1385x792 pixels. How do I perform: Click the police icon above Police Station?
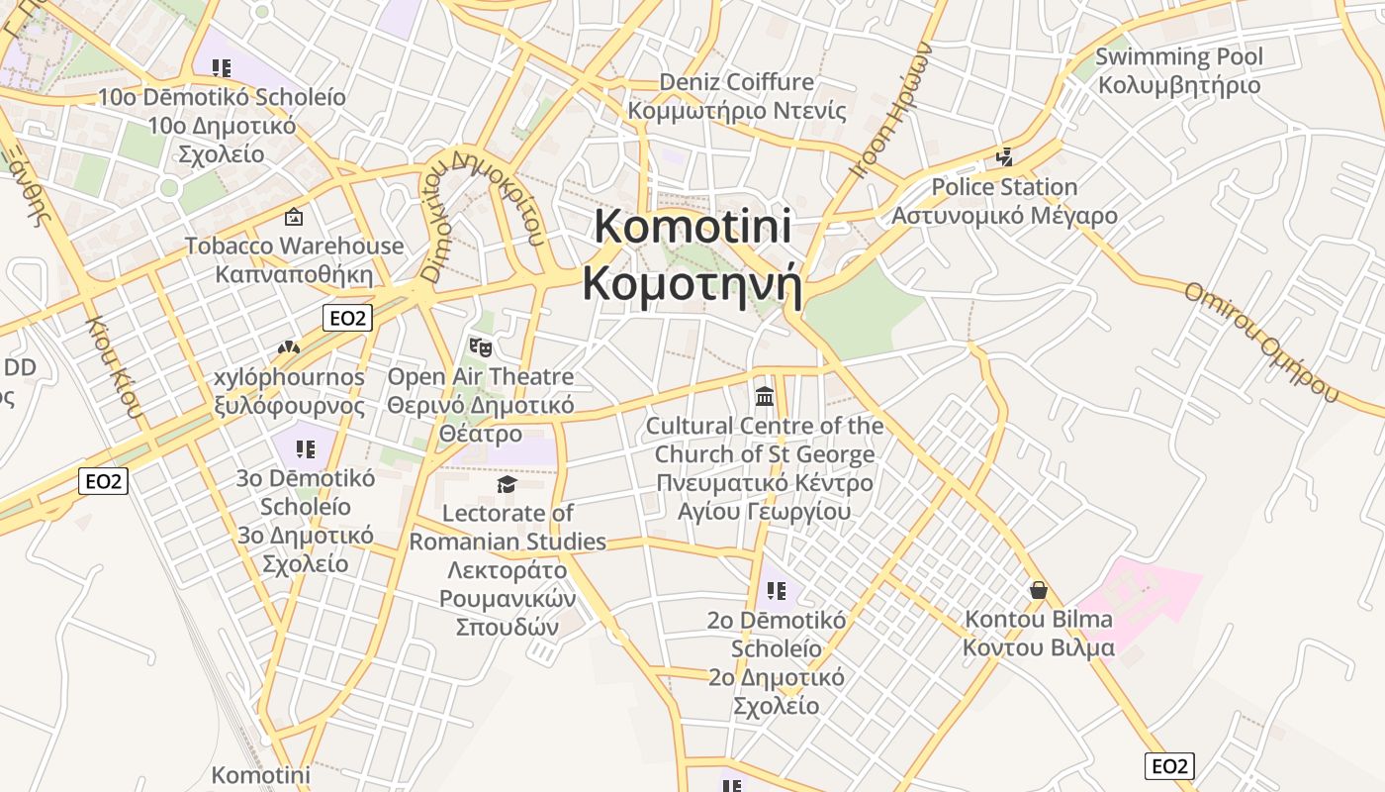click(x=1005, y=156)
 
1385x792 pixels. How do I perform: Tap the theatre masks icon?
click(x=481, y=346)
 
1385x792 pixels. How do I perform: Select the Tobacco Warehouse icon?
click(x=294, y=216)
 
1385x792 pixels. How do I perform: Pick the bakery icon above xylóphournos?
click(x=288, y=347)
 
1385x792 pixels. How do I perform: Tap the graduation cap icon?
click(x=508, y=483)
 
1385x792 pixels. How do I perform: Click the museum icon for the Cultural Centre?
click(x=765, y=396)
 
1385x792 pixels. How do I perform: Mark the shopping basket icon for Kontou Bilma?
click(x=1039, y=590)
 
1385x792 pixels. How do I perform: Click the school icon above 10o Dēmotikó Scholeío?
click(x=222, y=67)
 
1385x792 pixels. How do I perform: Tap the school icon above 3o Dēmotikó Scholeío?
click(x=306, y=448)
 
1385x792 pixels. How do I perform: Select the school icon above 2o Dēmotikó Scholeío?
click(x=777, y=591)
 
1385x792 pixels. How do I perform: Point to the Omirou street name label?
click(x=1261, y=342)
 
